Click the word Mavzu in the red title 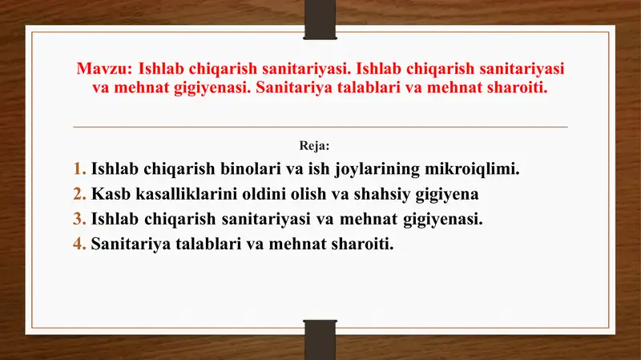(x=103, y=69)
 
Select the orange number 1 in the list (x=79, y=169)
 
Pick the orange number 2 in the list (x=79, y=194)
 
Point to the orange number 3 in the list (x=79, y=218)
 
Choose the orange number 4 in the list (x=79, y=243)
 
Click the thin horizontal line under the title (x=320, y=127)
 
